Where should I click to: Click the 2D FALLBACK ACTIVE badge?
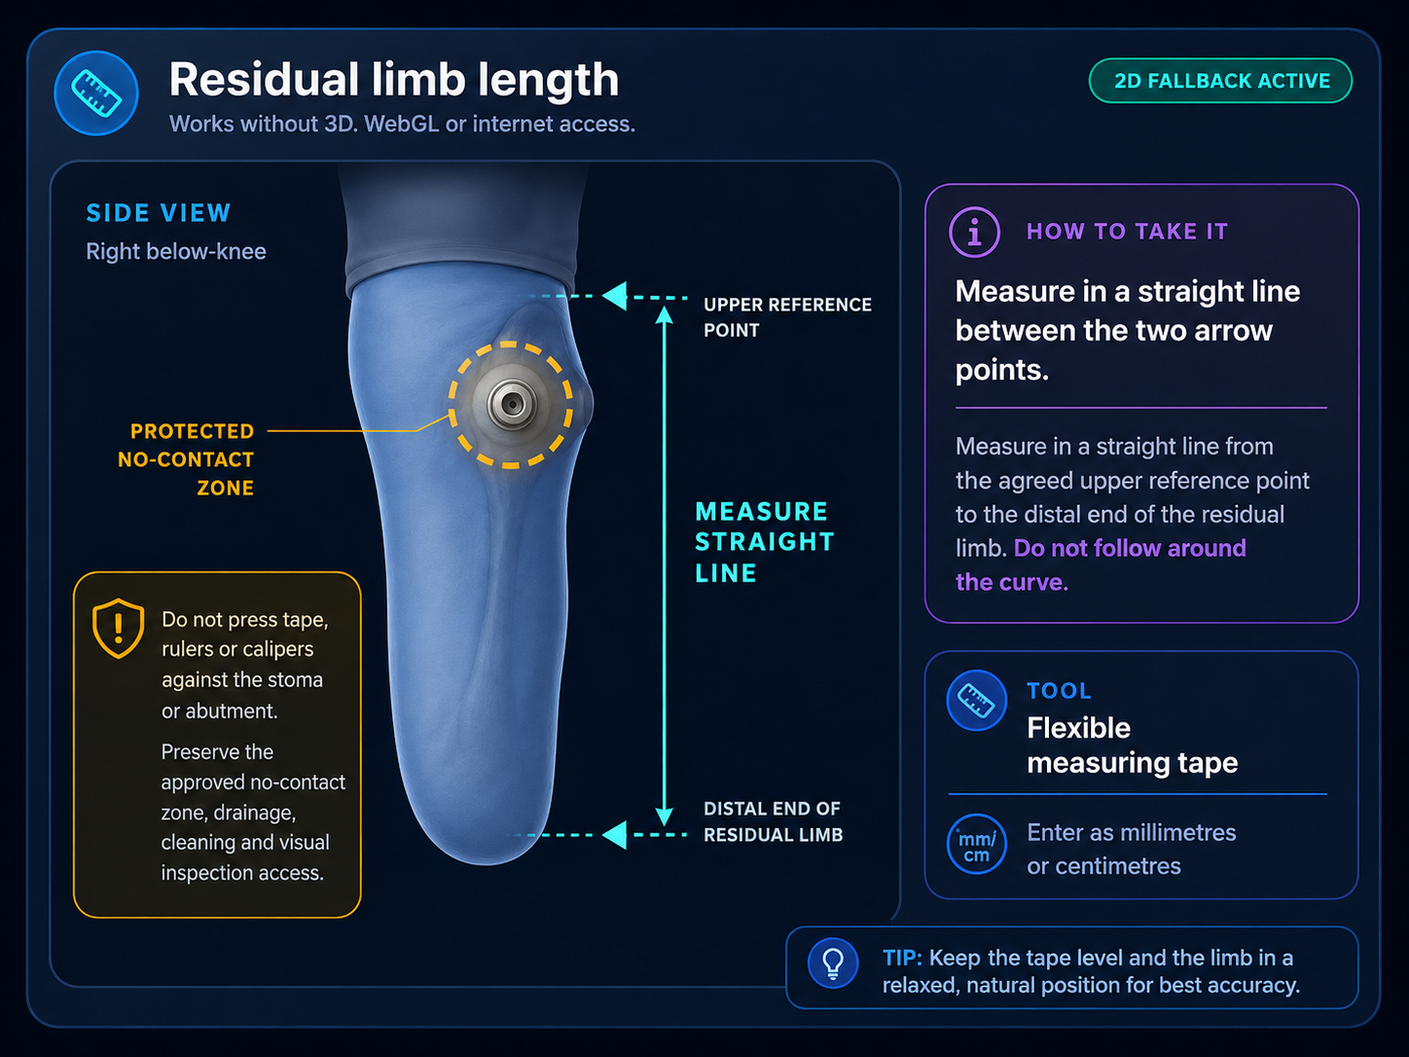(1220, 81)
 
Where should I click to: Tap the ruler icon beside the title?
(96, 93)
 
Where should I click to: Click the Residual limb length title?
(393, 80)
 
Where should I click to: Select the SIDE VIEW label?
(158, 213)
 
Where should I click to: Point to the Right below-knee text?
(176, 251)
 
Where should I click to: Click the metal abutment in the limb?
(512, 404)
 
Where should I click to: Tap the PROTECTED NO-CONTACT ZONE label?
(186, 459)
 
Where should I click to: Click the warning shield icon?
(118, 629)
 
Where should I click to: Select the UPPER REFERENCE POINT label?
(787, 317)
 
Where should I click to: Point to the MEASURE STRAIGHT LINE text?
(765, 542)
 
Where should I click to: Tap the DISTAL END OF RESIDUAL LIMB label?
(773, 821)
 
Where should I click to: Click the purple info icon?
(974, 233)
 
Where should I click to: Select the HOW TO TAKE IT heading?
(1127, 231)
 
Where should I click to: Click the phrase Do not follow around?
(1130, 549)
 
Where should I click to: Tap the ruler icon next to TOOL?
(976, 700)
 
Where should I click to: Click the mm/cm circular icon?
(976, 844)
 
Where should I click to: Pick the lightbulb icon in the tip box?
(833, 964)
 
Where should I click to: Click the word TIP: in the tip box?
(902, 958)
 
